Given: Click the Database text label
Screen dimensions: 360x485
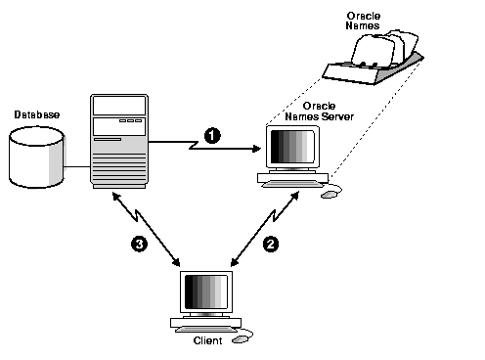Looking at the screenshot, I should point(36,114).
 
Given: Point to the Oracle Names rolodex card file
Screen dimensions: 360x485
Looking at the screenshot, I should point(377,57).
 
